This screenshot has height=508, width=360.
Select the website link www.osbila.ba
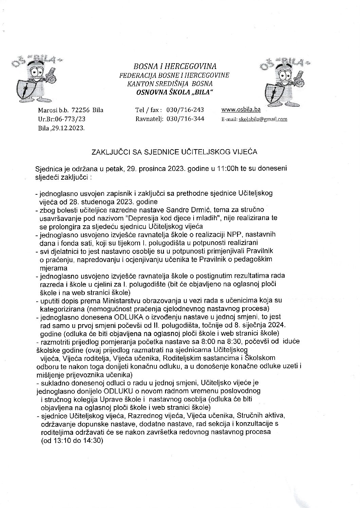pyautogui.click(x=241, y=110)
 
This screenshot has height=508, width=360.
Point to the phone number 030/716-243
pyautogui.click(x=185, y=110)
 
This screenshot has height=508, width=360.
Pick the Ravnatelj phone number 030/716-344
pyautogui.click(x=185, y=119)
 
